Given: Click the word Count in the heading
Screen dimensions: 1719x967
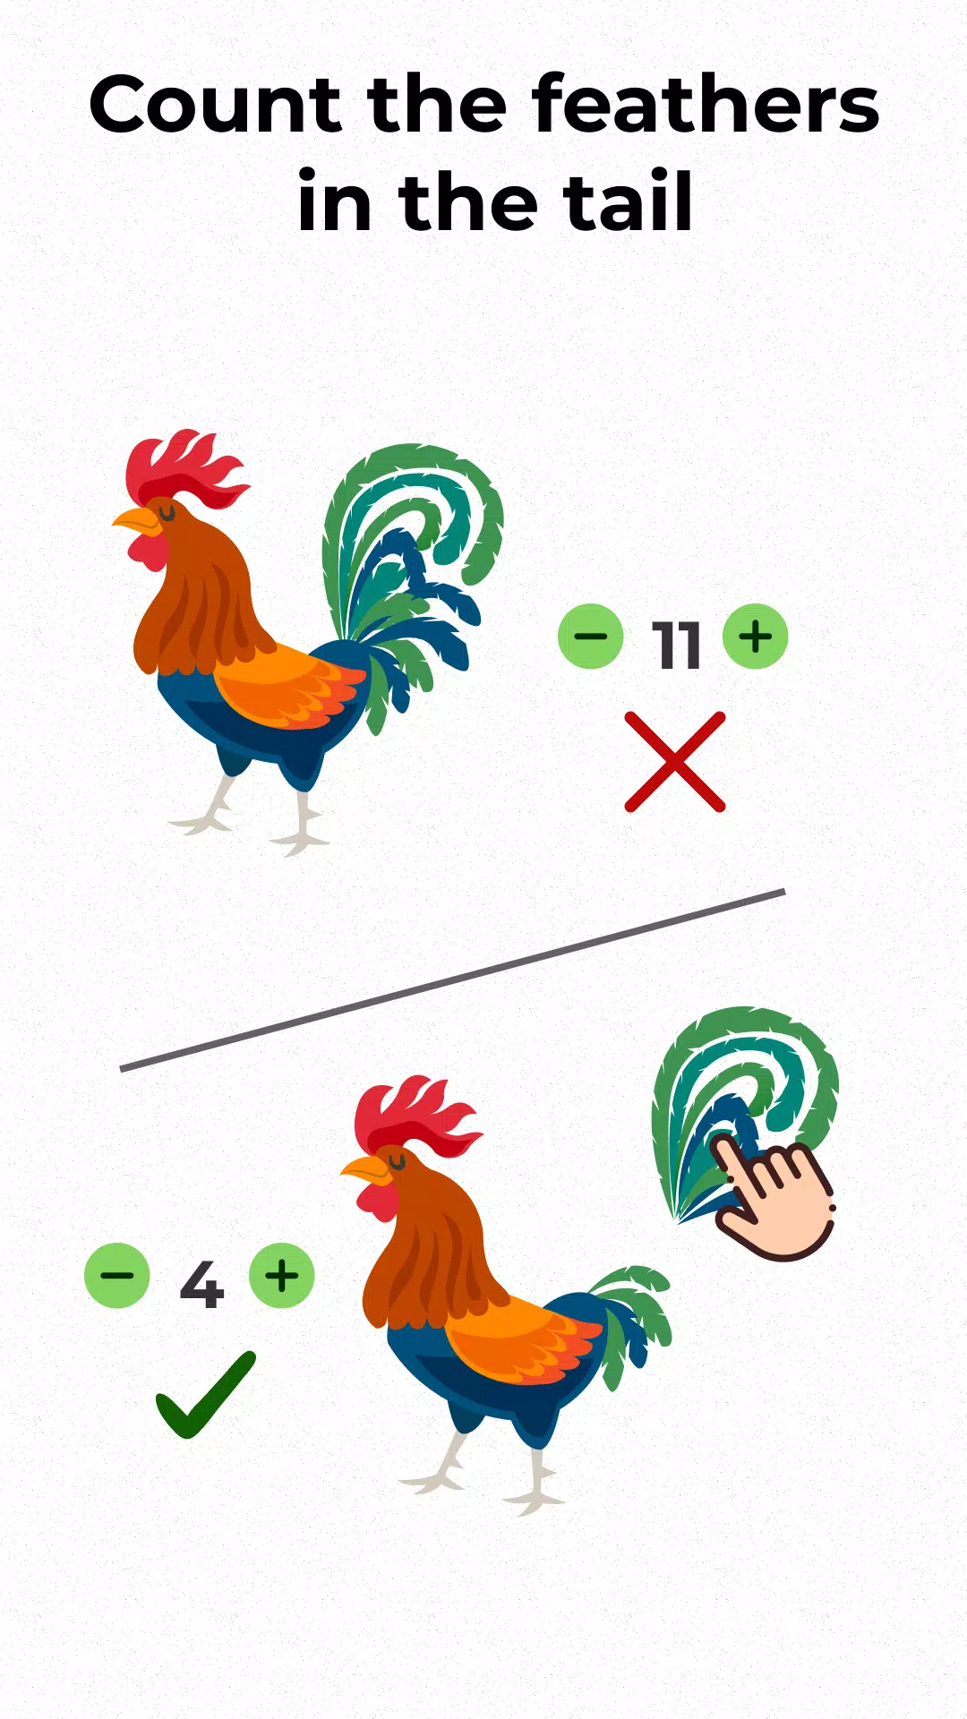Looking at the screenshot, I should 215,106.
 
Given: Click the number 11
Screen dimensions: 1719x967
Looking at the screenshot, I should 676,645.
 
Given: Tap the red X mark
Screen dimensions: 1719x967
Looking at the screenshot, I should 675,762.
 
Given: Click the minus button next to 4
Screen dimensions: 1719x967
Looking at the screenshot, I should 116,1276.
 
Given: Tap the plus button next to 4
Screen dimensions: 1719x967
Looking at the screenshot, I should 282,1276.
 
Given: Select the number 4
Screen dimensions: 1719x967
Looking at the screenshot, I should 201,1285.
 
